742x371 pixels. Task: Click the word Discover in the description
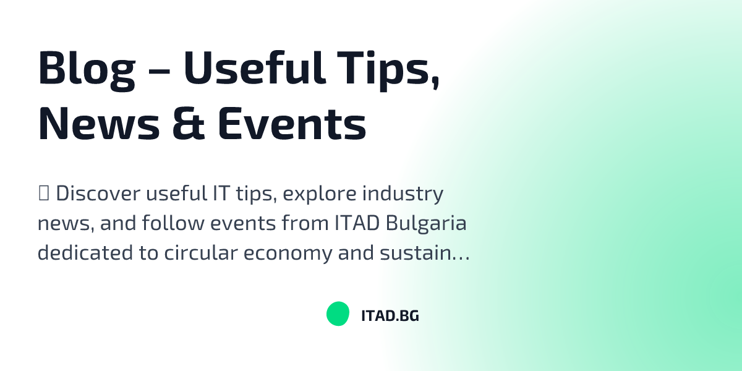click(x=98, y=194)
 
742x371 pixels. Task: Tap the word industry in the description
click(x=403, y=195)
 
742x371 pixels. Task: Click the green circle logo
click(x=338, y=314)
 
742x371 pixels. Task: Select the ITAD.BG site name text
click(x=390, y=315)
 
